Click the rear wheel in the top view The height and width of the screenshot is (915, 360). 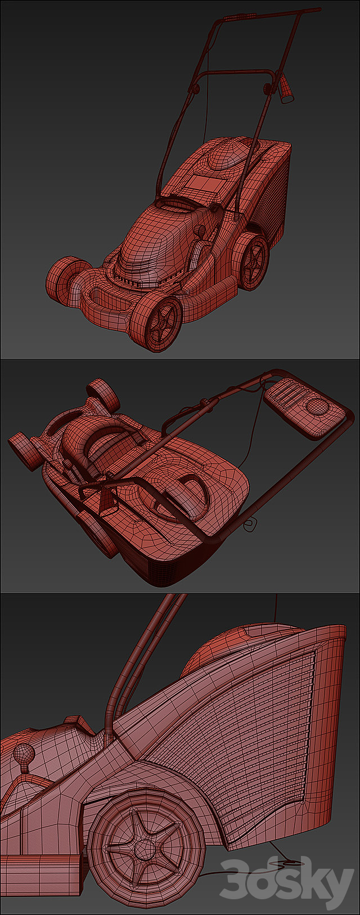coord(251,261)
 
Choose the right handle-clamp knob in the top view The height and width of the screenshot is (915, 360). coord(267,87)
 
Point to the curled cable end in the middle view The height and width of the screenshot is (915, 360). coord(250,524)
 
